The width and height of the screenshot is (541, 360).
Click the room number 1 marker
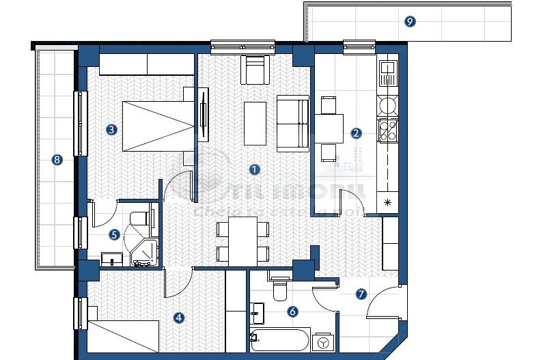click(253, 168)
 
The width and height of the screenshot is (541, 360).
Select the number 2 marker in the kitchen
click(356, 133)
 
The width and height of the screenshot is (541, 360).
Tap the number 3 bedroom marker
click(111, 128)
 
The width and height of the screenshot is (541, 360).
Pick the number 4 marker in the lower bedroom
click(179, 317)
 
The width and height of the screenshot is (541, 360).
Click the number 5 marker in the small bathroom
click(115, 234)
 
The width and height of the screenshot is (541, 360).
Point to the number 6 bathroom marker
click(293, 311)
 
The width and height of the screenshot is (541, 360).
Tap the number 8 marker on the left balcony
click(57, 160)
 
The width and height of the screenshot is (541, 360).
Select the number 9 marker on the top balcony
click(409, 21)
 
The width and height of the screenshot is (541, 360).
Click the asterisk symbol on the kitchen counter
click(388, 202)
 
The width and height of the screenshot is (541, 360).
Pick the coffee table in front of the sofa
click(255, 124)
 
